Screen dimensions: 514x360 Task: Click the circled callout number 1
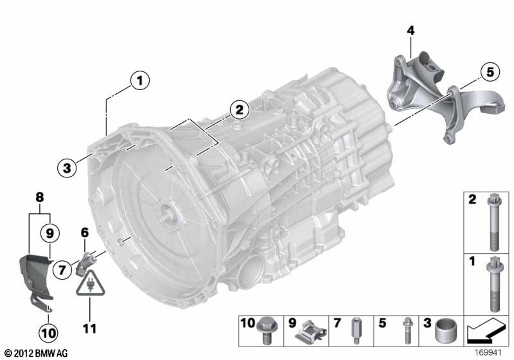point(140,80)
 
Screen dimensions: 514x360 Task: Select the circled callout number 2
point(239,109)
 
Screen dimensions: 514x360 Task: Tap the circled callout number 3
point(67,168)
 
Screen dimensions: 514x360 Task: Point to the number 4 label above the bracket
point(411,30)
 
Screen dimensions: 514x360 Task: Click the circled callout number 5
point(490,72)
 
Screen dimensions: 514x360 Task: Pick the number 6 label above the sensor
point(85,233)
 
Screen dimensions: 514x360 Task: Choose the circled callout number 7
point(62,270)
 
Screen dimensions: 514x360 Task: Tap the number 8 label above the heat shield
point(39,197)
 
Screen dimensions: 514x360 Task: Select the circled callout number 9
point(49,233)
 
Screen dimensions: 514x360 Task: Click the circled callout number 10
point(49,333)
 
